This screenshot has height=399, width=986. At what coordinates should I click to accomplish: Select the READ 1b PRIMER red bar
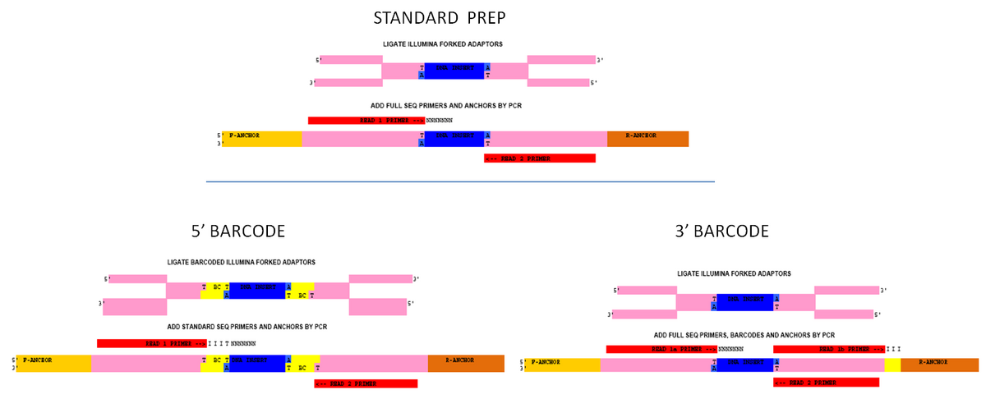(828, 349)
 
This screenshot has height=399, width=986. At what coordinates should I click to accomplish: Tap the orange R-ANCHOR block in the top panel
(647, 139)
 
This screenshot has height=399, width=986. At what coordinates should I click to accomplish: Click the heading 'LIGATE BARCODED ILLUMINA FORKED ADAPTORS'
(241, 262)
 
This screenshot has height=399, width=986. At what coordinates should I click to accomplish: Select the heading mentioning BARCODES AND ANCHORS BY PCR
(744, 335)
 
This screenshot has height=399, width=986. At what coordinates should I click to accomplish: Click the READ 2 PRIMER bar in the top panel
(540, 158)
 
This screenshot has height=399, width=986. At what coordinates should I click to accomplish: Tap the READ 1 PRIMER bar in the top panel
(366, 121)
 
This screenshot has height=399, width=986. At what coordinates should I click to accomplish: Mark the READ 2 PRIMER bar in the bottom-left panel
(366, 383)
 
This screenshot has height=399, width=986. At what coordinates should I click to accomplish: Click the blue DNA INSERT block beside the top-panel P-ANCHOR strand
(454, 139)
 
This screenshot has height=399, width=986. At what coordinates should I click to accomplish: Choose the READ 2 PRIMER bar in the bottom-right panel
(826, 383)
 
